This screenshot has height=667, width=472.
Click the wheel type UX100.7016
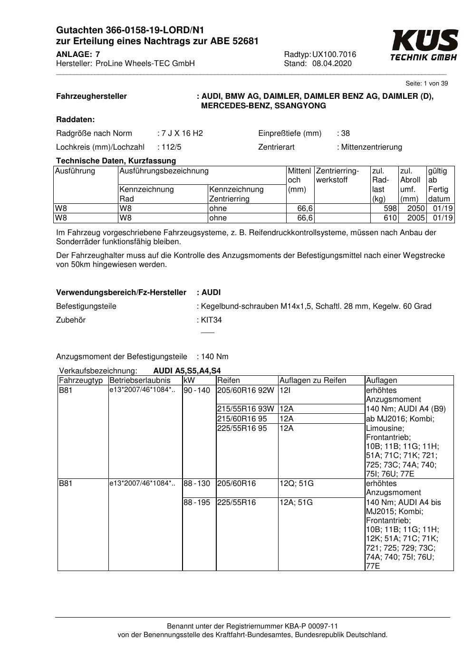(334, 55)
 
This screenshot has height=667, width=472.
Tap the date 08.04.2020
(332, 64)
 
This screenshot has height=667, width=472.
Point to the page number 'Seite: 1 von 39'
(426, 84)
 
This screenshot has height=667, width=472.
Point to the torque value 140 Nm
(215, 356)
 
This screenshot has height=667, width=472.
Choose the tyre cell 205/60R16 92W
(245, 391)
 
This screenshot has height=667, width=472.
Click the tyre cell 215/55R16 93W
(245, 409)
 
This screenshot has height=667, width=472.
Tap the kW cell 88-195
(197, 502)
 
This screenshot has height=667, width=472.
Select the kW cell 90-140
(197, 391)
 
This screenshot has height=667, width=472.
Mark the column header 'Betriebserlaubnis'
(140, 381)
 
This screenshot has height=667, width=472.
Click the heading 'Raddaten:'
(76, 119)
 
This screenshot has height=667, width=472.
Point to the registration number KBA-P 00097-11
(310, 626)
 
